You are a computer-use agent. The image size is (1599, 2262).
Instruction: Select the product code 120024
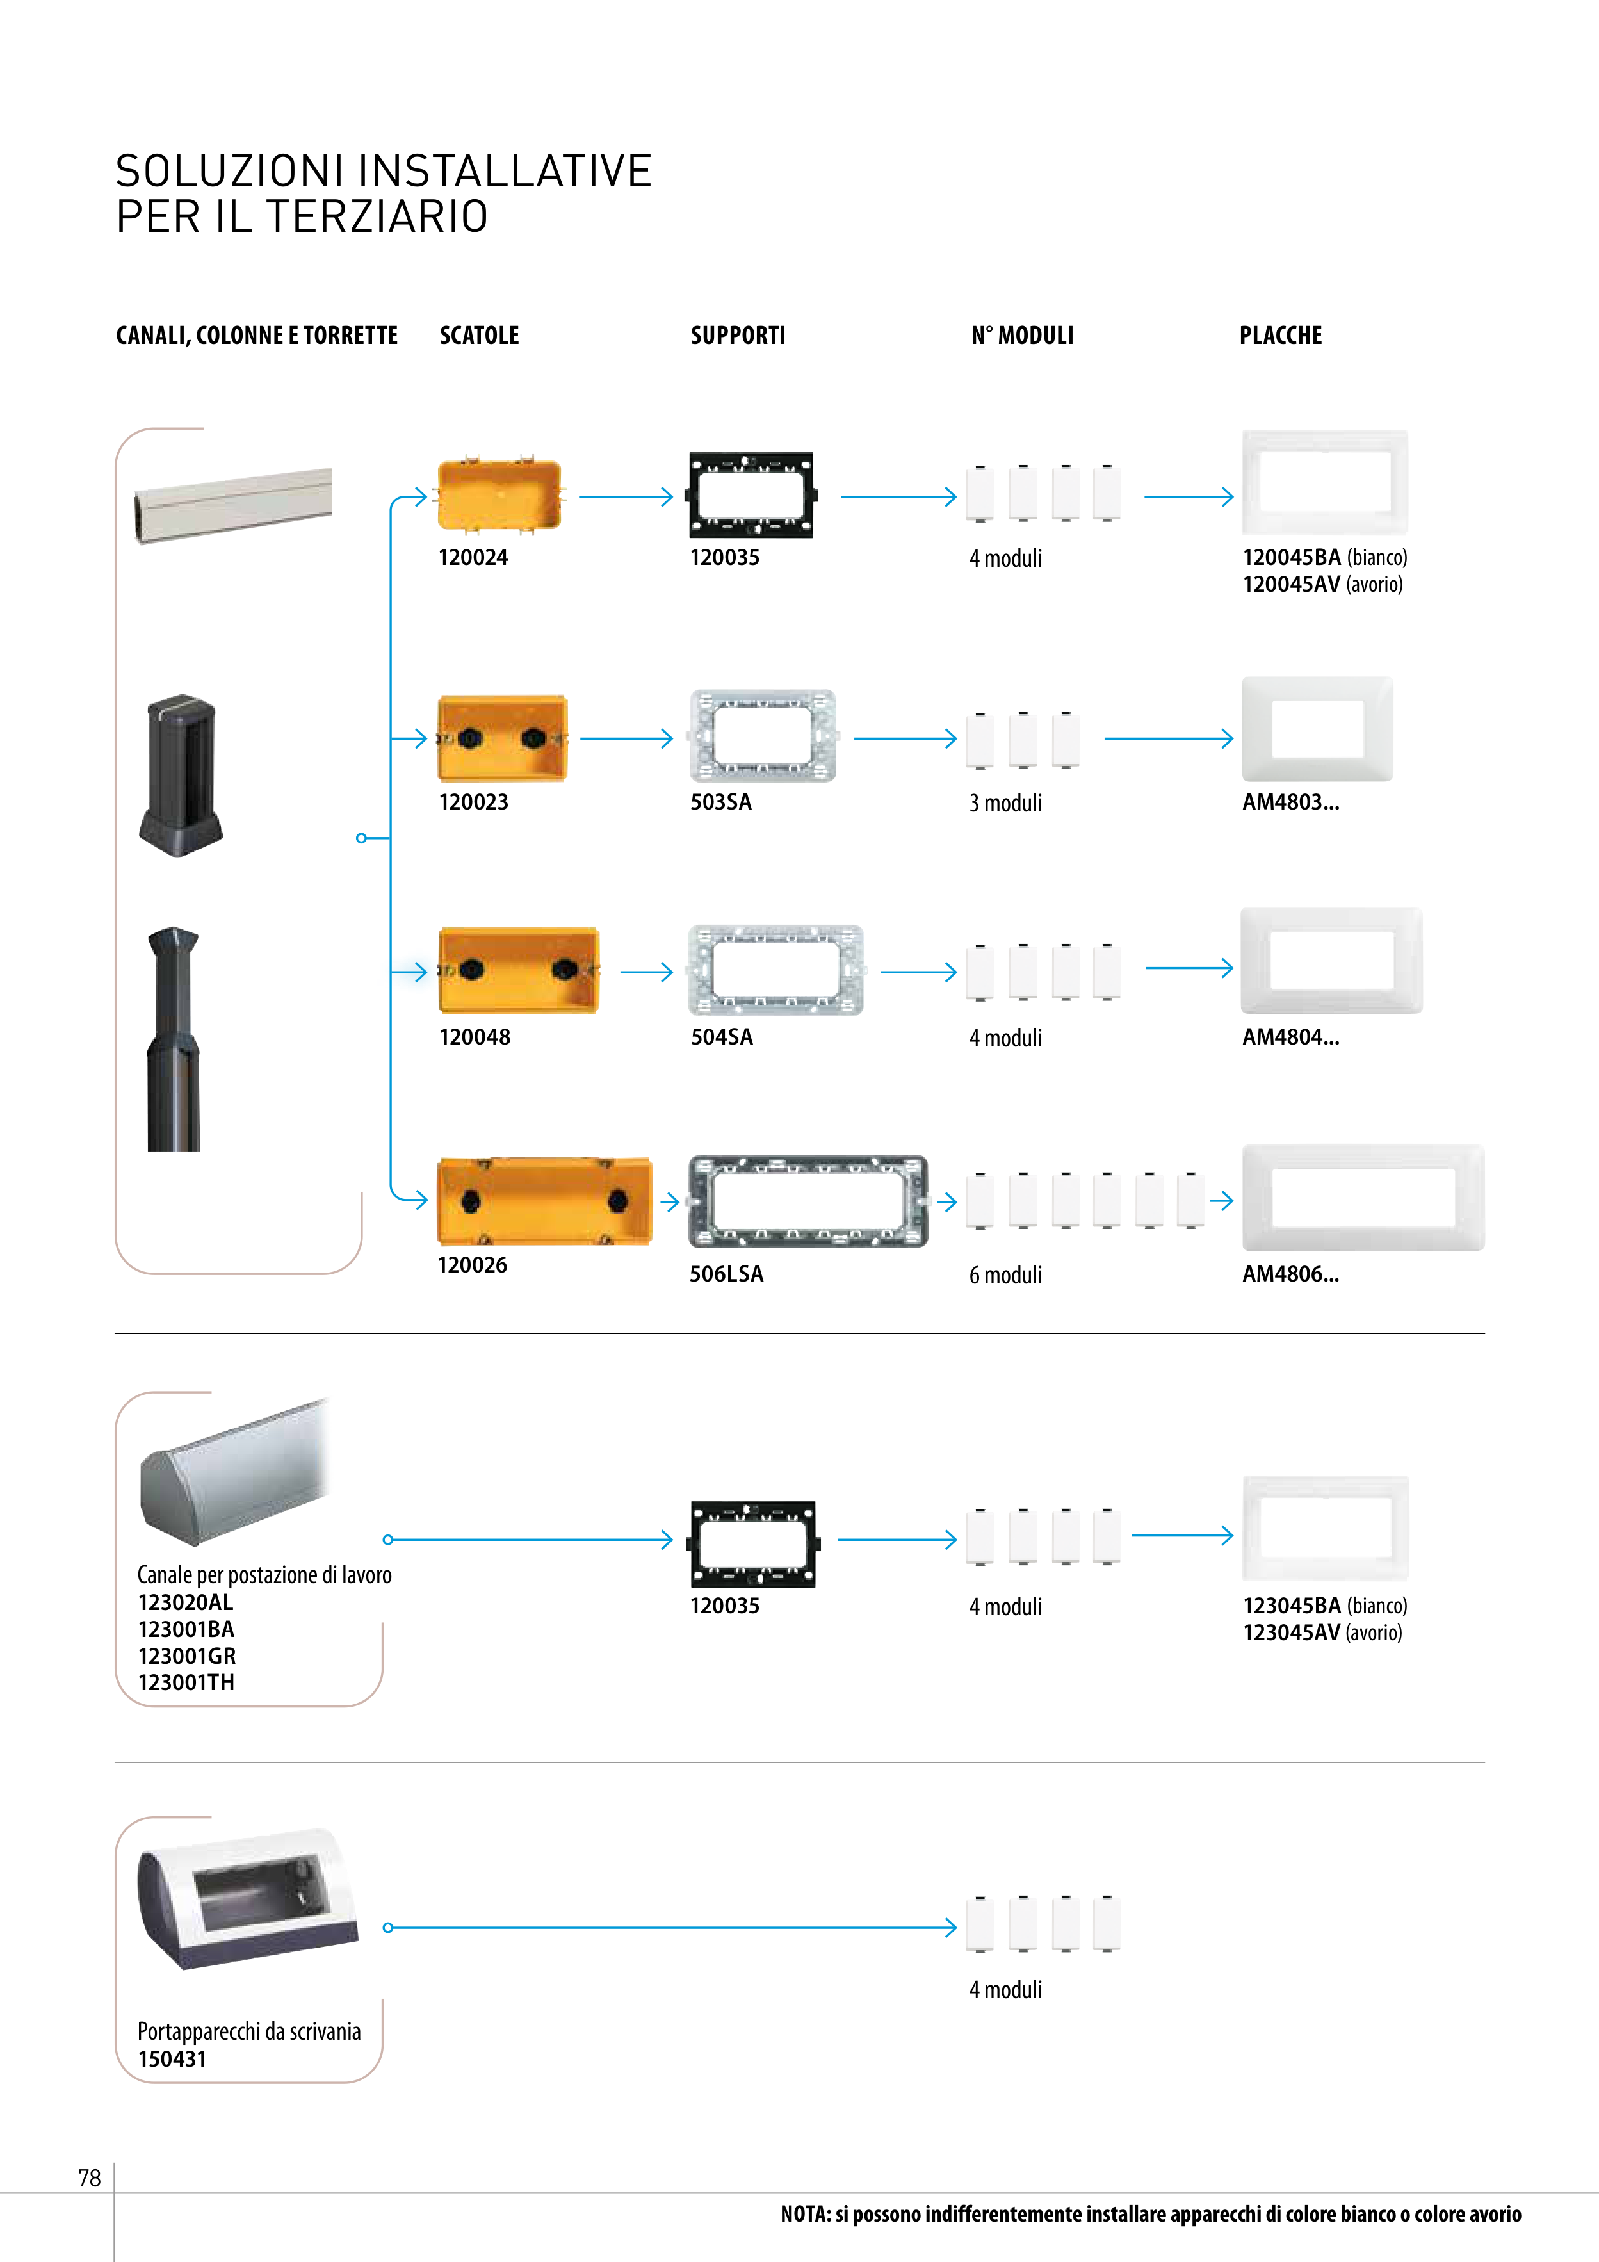pos(473,558)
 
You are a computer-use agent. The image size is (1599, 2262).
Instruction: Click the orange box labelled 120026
pos(544,1201)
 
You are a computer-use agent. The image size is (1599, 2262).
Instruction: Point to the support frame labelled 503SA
pos(763,736)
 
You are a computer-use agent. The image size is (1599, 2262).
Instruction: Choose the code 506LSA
pos(726,1274)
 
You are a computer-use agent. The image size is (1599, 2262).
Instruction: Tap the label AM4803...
pos(1290,802)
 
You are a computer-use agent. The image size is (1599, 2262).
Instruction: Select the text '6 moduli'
pos(1005,1275)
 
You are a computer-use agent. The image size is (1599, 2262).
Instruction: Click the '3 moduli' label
pos(1005,803)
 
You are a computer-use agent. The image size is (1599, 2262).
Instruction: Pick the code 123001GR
pos(186,1656)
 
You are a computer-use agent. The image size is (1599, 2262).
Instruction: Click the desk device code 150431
pos(172,2059)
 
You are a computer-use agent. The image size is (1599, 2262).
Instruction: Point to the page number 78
pos(90,2178)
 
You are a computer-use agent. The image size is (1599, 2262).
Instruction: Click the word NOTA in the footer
pos(804,2214)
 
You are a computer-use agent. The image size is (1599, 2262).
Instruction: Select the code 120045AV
pos(1290,584)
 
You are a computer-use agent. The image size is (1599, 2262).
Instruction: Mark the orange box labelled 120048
pos(518,970)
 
